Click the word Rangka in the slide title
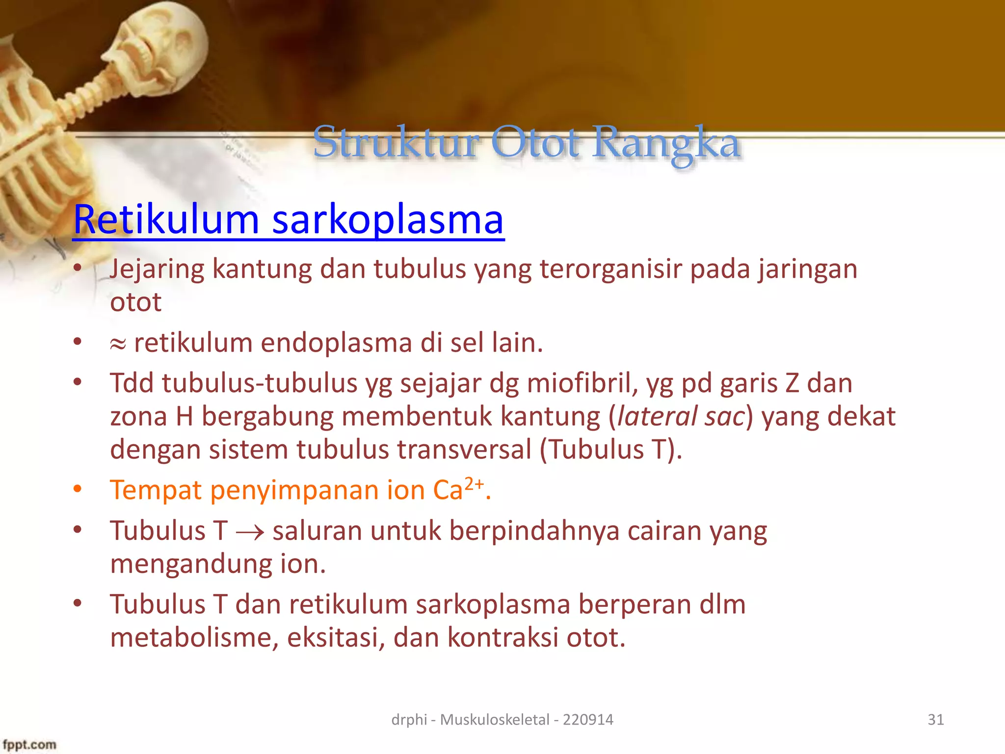click(x=666, y=143)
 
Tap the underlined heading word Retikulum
click(x=166, y=219)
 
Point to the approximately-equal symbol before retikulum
click(x=118, y=344)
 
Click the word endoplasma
click(x=336, y=343)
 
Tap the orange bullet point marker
click(x=78, y=489)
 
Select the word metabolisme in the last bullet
click(x=194, y=638)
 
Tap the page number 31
click(x=935, y=720)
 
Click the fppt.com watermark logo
click(x=29, y=744)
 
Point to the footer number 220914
click(x=588, y=720)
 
